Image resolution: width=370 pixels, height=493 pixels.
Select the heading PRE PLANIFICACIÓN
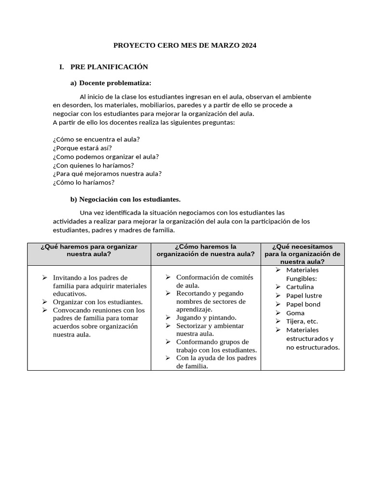[109, 67]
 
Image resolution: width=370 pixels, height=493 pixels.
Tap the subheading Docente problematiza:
[115, 83]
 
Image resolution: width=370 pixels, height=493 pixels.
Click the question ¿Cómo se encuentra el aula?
[96, 139]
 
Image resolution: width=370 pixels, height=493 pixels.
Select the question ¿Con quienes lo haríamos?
[93, 165]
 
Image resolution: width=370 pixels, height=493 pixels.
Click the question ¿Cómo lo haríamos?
[84, 182]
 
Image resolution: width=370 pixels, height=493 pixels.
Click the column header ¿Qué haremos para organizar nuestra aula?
[89, 250]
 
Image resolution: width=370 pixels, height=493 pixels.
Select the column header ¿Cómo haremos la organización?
[206, 250]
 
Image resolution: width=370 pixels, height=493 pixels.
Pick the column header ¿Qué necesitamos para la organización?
[302, 254]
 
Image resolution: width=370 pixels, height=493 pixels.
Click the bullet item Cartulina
[300, 287]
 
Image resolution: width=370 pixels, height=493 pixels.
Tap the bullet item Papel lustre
[304, 296]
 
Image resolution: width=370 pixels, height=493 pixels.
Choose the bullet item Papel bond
[303, 304]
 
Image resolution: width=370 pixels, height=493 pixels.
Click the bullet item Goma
[295, 313]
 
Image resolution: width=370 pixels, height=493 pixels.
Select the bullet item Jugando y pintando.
[206, 317]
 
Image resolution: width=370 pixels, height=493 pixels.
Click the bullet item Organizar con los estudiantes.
[98, 302]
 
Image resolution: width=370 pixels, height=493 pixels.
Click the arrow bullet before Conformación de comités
[168, 277]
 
